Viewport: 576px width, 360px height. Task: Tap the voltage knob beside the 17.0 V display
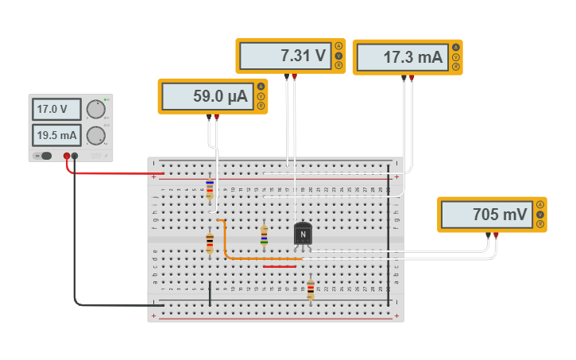96,109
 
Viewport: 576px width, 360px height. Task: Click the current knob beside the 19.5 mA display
96,134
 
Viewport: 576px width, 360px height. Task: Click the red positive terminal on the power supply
67,157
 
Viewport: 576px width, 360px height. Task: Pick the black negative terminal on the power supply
75,157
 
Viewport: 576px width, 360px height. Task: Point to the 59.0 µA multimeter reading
207,96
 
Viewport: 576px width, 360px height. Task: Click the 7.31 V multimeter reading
284,56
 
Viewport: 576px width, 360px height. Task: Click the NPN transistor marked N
303,234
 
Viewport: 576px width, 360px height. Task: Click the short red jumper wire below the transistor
279,266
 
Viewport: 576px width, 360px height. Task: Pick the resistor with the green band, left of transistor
265,234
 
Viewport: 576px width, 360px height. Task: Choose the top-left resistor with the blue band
210,188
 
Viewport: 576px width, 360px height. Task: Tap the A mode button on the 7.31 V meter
338,47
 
